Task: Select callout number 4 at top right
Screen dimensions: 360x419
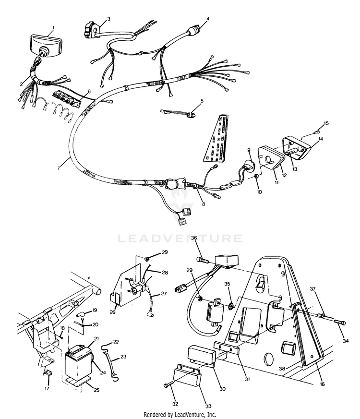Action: (x=208, y=19)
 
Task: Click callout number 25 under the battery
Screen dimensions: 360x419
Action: (x=96, y=390)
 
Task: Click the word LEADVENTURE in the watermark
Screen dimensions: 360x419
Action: (x=180, y=238)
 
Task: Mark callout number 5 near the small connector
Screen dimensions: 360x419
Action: (x=202, y=101)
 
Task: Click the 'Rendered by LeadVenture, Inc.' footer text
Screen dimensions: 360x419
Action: (x=180, y=414)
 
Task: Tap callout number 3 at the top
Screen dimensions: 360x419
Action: (x=108, y=19)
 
